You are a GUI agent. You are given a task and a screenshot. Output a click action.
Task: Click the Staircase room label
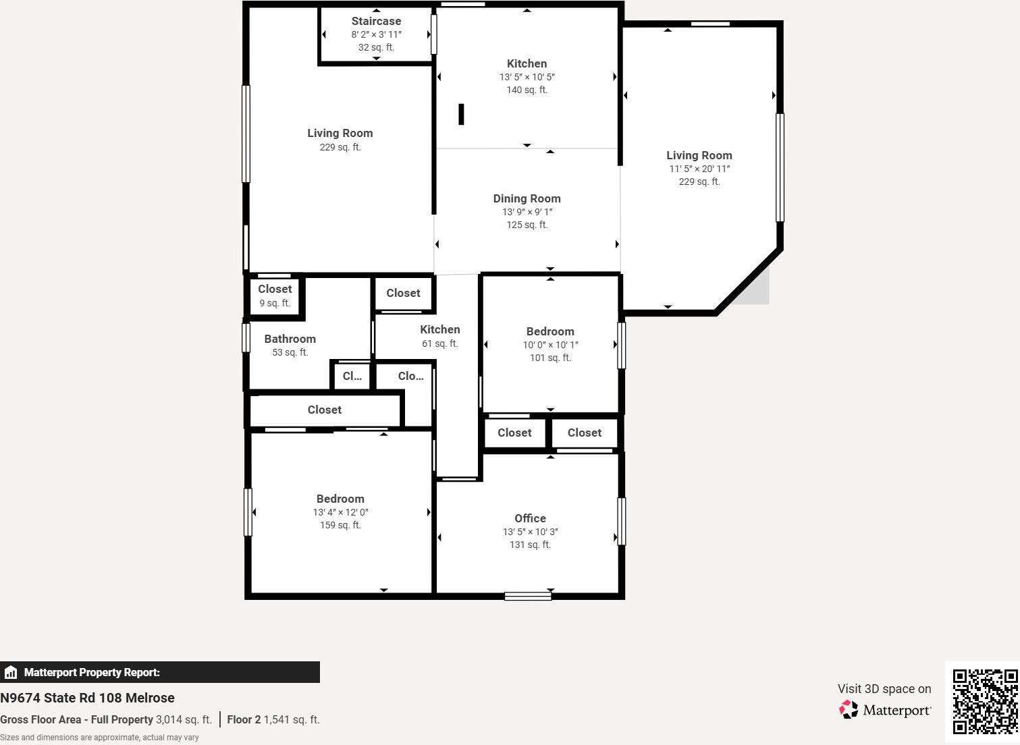coord(376,21)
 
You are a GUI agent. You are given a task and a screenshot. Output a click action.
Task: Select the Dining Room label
coord(527,198)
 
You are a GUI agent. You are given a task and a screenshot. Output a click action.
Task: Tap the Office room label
coord(530,518)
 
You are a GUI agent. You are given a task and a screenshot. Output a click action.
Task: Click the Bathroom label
coord(290,339)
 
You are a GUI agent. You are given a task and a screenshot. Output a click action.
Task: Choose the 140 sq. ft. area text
coord(527,90)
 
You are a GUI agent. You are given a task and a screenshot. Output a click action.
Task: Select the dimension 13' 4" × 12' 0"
coord(341,512)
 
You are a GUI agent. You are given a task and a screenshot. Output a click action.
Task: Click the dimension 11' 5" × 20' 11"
coord(699,169)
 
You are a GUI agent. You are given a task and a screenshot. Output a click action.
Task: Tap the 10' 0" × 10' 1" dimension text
coord(551,345)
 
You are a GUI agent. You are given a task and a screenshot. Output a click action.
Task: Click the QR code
coord(986,701)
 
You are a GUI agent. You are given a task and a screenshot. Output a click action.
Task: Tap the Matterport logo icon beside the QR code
coord(849,709)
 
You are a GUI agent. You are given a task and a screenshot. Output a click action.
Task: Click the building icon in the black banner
coord(11,672)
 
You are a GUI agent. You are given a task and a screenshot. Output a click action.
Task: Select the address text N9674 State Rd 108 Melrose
coord(88,698)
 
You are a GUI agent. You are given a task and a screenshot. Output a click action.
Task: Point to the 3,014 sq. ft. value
coord(184,719)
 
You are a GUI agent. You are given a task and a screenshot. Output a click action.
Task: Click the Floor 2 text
coord(244,719)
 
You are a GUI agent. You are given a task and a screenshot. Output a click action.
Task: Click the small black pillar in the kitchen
coord(461,114)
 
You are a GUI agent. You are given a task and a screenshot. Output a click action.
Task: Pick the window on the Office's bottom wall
coord(528,596)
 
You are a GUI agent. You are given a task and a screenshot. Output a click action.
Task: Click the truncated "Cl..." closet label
coord(352,376)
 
